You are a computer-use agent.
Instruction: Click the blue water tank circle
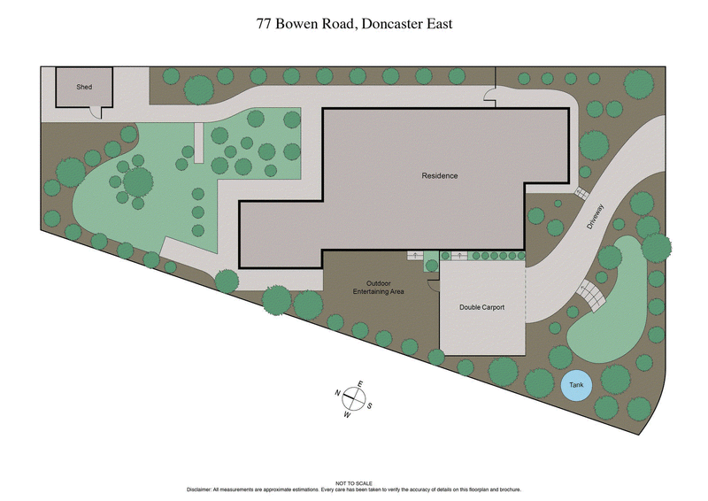577,386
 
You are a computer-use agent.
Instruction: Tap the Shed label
84,87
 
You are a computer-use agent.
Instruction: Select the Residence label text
439,176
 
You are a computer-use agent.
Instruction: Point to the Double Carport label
481,307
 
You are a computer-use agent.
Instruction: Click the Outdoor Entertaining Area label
379,288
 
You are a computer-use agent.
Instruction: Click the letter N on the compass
338,393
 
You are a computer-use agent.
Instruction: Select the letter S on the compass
369,405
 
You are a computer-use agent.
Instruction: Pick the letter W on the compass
347,414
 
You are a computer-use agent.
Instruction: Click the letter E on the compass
360,384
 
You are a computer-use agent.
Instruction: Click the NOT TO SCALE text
354,483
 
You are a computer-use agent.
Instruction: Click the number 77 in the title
262,24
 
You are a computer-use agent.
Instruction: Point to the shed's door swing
95,112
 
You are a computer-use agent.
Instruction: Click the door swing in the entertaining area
432,285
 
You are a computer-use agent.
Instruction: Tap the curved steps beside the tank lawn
590,291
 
